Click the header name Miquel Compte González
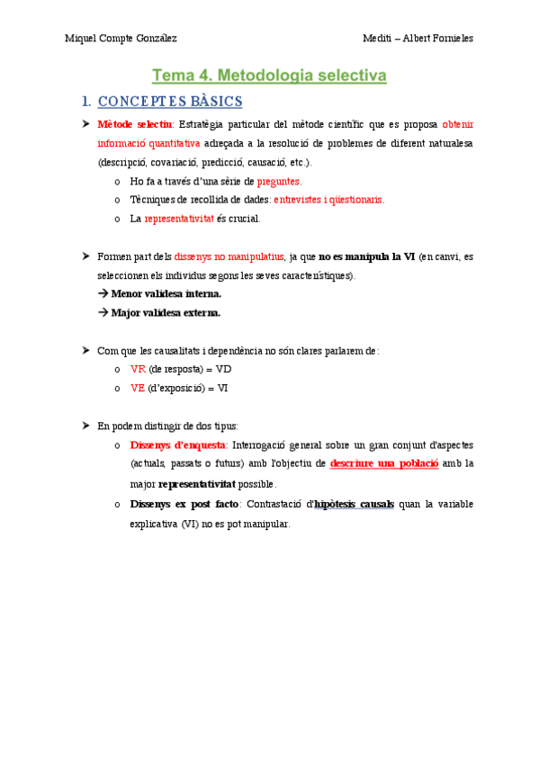pyautogui.click(x=121, y=39)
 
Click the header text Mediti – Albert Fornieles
pyautogui.click(x=418, y=39)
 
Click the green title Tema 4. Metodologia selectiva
pyautogui.click(x=269, y=76)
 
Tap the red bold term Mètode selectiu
pyautogui.click(x=135, y=123)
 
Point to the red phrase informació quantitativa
pyautogui.click(x=148, y=143)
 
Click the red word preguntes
pyautogui.click(x=279, y=181)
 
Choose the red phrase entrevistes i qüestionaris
pyautogui.click(x=328, y=200)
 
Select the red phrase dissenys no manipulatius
pyautogui.click(x=229, y=256)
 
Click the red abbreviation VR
pyautogui.click(x=138, y=369)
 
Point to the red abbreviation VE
pyautogui.click(x=138, y=388)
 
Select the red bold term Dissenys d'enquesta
pyautogui.click(x=178, y=444)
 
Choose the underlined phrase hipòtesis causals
pyautogui.click(x=354, y=504)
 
